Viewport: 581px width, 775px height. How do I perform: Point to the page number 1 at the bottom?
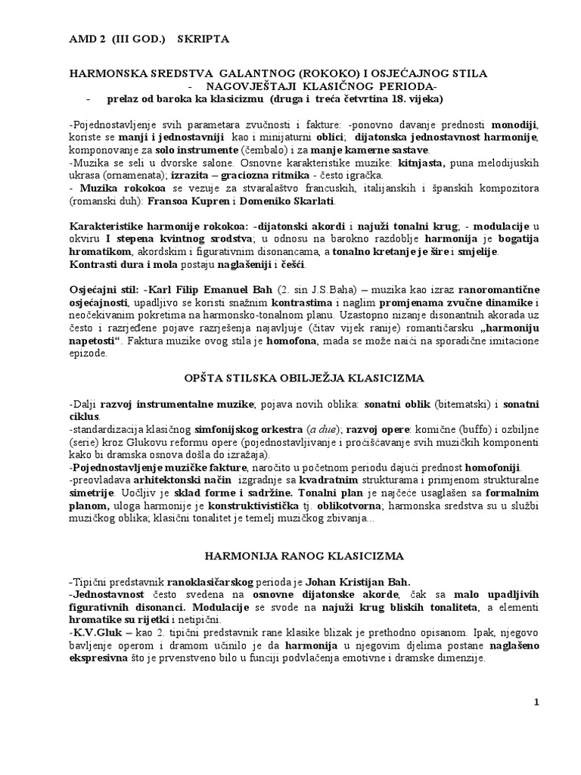coord(536,702)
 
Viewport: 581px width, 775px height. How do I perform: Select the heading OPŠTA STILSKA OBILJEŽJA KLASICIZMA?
coord(305,377)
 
